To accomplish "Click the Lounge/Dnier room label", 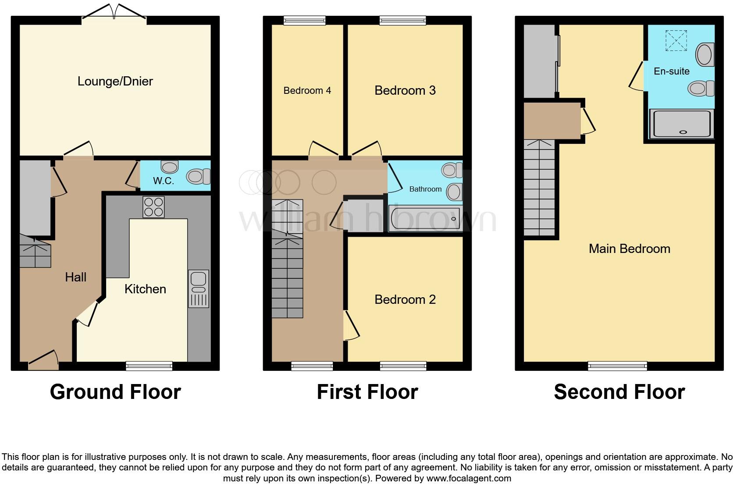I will click(115, 81).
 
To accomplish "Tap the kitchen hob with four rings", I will click(153, 207).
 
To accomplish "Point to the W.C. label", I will click(164, 181).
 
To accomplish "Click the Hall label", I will click(75, 277).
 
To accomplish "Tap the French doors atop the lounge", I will click(114, 12).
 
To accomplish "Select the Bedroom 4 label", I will click(307, 91).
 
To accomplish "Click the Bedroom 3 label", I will click(405, 90).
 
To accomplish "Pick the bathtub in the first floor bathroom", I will click(424, 218).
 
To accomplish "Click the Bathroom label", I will click(425, 189).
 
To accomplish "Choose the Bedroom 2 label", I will click(405, 299).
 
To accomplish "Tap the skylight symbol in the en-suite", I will click(676, 40).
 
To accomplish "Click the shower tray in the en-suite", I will click(681, 124).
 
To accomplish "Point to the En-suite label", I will click(671, 71).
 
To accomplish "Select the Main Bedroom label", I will click(629, 249).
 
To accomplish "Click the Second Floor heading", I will click(619, 391).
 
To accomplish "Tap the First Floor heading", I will click(367, 391).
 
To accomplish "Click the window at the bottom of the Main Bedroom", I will click(617, 365).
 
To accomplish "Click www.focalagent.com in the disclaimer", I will click(469, 478).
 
